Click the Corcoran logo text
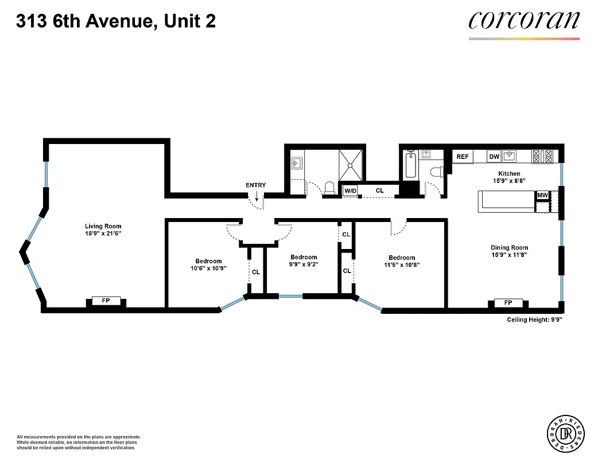coord(524,21)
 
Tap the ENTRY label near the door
coord(255,185)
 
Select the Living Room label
coord(103,226)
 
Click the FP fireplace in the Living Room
coord(106,301)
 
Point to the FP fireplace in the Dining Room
coord(508,303)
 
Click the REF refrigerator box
coord(463,157)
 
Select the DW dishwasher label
coord(494,157)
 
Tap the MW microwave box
coord(542,196)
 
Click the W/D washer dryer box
coord(350,190)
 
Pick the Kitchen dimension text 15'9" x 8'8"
coord(509,181)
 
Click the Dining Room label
coord(509,247)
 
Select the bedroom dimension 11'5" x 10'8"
coord(401,265)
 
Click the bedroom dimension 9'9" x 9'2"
coord(304,264)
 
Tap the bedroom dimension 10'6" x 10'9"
coord(208,268)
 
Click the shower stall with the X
coord(351,164)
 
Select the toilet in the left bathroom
coord(329,188)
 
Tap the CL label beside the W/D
coord(380,190)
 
